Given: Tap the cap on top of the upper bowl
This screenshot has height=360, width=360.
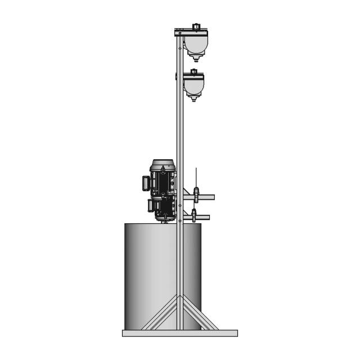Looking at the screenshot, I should tap(196, 26).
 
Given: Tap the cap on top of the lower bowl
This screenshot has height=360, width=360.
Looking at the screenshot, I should tap(194, 72).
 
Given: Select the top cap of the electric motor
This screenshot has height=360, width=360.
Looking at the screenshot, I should tap(163, 163).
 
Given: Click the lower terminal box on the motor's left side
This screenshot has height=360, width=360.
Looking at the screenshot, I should tap(150, 205).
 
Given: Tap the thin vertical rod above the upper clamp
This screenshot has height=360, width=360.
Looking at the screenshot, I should tap(196, 177).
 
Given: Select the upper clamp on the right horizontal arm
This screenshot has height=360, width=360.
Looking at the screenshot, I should tap(196, 195).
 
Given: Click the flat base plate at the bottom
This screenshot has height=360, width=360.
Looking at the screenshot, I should tap(180, 333).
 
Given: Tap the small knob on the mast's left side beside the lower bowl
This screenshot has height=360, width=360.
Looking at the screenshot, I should tap(176, 75).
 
